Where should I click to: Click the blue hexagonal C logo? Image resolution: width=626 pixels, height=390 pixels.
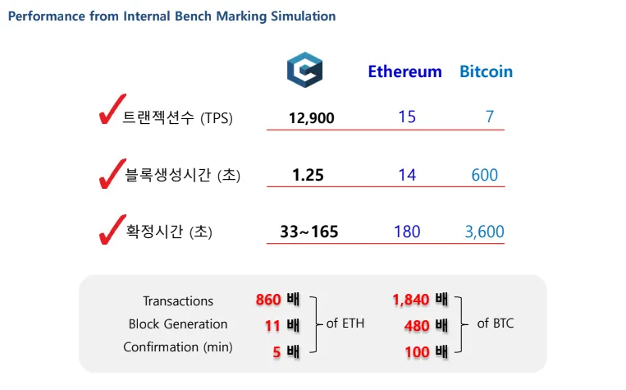tap(304, 70)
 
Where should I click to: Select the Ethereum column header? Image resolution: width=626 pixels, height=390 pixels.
tap(404, 72)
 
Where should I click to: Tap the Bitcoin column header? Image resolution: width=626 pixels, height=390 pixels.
tap(487, 72)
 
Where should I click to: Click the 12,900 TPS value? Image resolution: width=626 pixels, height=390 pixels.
tap(312, 118)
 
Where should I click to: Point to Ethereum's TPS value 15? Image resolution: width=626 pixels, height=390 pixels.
tap(407, 117)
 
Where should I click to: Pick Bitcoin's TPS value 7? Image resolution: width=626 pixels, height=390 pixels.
tap(490, 117)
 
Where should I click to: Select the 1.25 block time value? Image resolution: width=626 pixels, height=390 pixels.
tap(308, 175)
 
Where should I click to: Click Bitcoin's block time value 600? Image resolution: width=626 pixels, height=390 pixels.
tap(485, 175)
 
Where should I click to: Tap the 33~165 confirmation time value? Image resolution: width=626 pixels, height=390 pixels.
tap(309, 232)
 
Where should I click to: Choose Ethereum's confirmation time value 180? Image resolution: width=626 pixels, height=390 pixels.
tap(407, 232)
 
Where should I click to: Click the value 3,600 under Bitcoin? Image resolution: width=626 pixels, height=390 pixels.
tap(485, 232)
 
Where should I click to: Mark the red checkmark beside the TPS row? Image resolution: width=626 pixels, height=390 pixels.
tap(112, 109)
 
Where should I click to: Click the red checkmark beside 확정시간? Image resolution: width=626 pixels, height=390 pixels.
tap(112, 229)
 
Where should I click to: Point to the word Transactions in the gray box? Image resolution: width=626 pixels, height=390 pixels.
tap(178, 301)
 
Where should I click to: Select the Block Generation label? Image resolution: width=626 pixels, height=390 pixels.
tap(178, 324)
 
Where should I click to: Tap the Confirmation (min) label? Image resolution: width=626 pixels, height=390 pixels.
tap(178, 347)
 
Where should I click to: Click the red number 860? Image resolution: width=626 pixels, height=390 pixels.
tap(268, 300)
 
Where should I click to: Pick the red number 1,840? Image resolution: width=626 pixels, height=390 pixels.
tap(411, 300)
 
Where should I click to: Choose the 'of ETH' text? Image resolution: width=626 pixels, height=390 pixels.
tap(345, 323)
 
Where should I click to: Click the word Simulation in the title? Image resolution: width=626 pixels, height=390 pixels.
tap(304, 16)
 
